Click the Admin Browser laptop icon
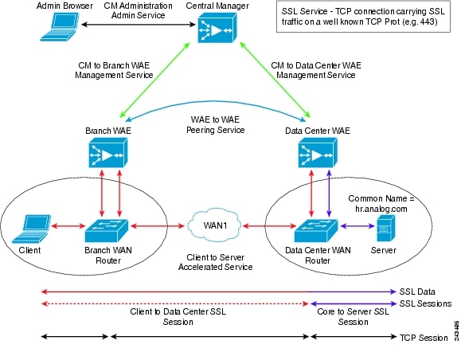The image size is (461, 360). click(x=60, y=26)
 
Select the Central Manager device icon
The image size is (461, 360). click(x=217, y=28)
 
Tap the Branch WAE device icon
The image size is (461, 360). click(x=108, y=153)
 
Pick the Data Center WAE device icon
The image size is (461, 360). click(x=318, y=153)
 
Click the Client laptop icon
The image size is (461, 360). click(x=31, y=229)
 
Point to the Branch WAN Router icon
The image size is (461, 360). click(x=107, y=231)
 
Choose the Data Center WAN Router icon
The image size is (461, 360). click(x=316, y=231)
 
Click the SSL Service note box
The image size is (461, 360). click(x=363, y=17)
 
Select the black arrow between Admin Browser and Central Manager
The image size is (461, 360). click(x=139, y=25)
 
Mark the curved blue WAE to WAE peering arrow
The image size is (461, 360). click(x=216, y=102)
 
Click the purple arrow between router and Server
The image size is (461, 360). click(x=357, y=226)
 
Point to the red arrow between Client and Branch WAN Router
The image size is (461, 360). click(x=68, y=226)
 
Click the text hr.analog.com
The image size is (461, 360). click(x=381, y=209)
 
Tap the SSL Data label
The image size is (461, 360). click(x=417, y=292)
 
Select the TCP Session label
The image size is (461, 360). click(x=424, y=338)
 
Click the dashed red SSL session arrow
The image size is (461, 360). click(x=175, y=303)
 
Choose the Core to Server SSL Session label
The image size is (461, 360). click(x=353, y=316)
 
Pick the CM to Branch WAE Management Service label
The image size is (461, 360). click(x=114, y=70)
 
